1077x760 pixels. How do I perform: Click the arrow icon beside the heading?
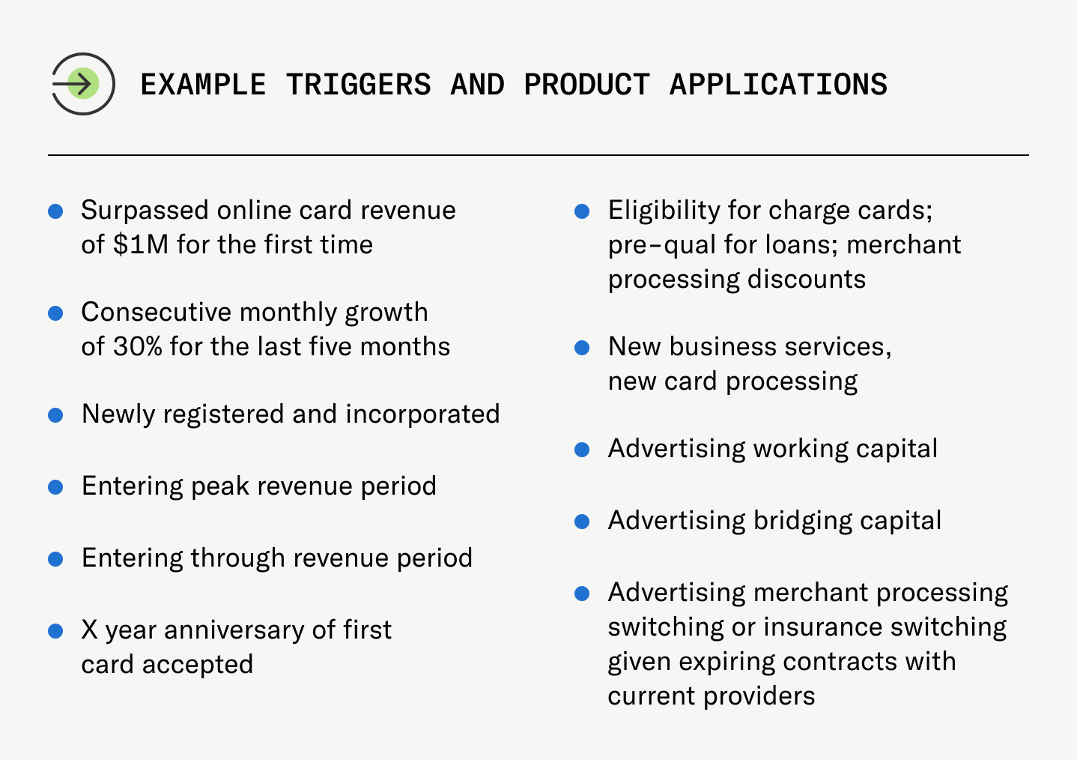coord(82,83)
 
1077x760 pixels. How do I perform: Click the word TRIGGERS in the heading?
coord(358,85)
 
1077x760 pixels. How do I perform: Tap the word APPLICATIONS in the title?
coord(778,85)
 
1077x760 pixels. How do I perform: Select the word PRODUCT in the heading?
coord(586,85)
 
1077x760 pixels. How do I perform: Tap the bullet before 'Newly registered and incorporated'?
coord(55,415)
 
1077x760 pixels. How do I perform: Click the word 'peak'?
coord(221,486)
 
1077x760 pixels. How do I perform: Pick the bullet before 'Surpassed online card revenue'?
coord(55,211)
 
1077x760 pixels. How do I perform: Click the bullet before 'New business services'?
coord(582,348)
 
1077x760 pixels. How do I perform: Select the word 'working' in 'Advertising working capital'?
coord(801,449)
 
